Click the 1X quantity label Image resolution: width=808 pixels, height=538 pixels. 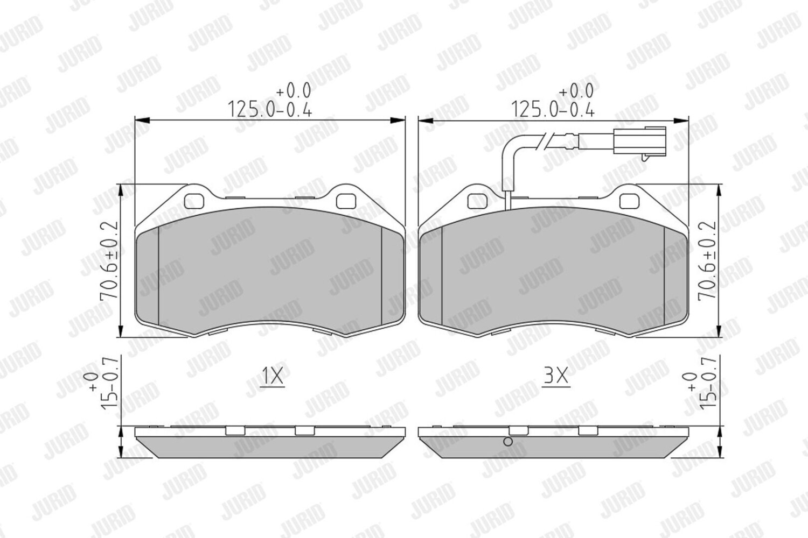pos(272,376)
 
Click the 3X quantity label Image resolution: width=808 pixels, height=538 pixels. pos(556,376)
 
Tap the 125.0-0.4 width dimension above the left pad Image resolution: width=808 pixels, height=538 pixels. pos(270,108)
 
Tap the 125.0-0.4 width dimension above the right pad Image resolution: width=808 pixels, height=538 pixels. pos(553,108)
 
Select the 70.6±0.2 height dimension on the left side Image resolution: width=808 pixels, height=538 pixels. pos(109,260)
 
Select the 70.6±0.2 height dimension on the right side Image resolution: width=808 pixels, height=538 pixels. pos(707,260)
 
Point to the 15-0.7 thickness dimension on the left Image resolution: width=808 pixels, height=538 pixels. pos(109,384)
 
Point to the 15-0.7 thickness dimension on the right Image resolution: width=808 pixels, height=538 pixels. pos(707,384)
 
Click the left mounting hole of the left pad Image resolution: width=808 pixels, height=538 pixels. pos(194,201)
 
